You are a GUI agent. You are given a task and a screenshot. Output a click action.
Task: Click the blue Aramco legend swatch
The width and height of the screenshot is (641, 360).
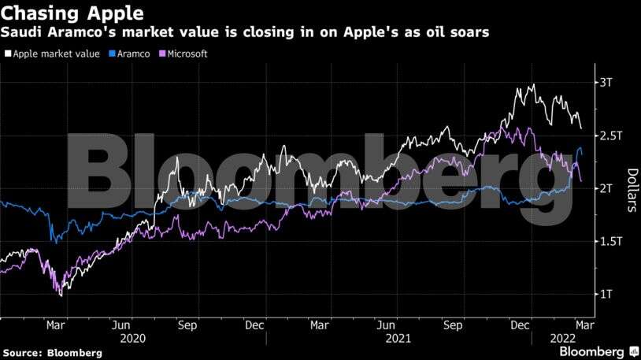[111, 54]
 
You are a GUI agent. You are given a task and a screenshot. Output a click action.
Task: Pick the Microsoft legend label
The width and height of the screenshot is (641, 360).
[192, 54]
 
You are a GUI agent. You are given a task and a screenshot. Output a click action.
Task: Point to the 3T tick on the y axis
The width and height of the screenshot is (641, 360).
[606, 82]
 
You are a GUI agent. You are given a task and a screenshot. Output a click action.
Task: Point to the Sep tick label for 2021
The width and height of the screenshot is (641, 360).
[452, 324]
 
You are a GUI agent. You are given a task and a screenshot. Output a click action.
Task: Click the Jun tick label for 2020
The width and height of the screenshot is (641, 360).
[121, 324]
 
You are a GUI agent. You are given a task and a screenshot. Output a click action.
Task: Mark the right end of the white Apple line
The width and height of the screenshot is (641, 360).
[581, 128]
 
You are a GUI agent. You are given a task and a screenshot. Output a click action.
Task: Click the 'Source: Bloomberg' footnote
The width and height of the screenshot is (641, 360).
[52, 353]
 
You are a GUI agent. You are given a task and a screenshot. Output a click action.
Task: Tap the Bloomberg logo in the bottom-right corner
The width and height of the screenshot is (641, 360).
[596, 351]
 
